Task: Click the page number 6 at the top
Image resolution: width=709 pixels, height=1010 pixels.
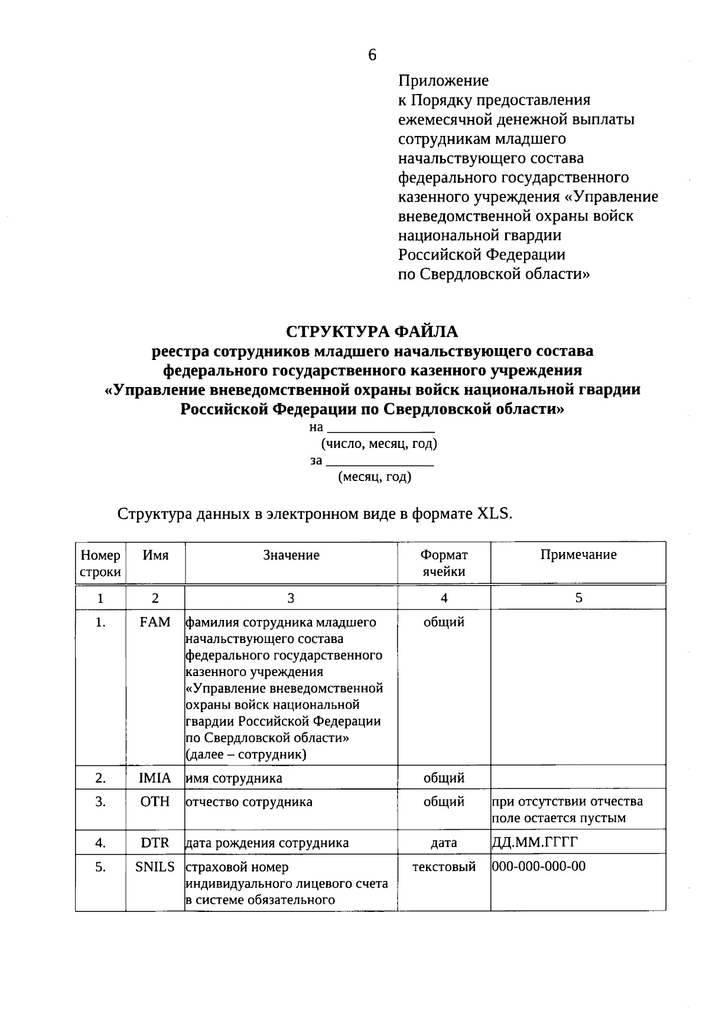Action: click(x=372, y=55)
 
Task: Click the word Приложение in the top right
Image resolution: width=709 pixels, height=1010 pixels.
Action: click(x=443, y=80)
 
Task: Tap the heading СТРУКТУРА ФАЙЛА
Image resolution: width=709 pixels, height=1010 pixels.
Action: click(x=372, y=331)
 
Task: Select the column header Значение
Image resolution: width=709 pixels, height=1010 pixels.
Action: click(x=291, y=555)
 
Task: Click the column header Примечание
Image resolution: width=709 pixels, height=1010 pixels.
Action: click(x=578, y=554)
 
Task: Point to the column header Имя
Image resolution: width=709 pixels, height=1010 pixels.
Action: click(x=155, y=555)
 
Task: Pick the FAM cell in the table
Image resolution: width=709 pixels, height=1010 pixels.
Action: click(x=155, y=622)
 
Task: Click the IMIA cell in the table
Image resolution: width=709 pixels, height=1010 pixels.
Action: click(x=155, y=778)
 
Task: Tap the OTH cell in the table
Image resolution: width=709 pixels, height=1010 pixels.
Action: click(x=155, y=801)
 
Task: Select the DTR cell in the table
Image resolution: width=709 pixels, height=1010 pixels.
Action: click(x=155, y=843)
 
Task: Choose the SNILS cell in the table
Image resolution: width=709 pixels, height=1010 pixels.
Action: click(x=155, y=866)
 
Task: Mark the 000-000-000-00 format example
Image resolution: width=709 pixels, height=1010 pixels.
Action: click(x=539, y=866)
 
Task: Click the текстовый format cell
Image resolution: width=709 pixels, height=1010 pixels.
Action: click(x=444, y=867)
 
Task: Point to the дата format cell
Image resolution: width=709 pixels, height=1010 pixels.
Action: click(x=444, y=843)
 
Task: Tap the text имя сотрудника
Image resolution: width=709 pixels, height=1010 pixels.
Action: click(x=234, y=778)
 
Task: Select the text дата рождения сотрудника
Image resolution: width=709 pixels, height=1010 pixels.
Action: click(x=267, y=843)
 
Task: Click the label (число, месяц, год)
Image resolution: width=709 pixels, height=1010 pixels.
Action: click(x=379, y=443)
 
